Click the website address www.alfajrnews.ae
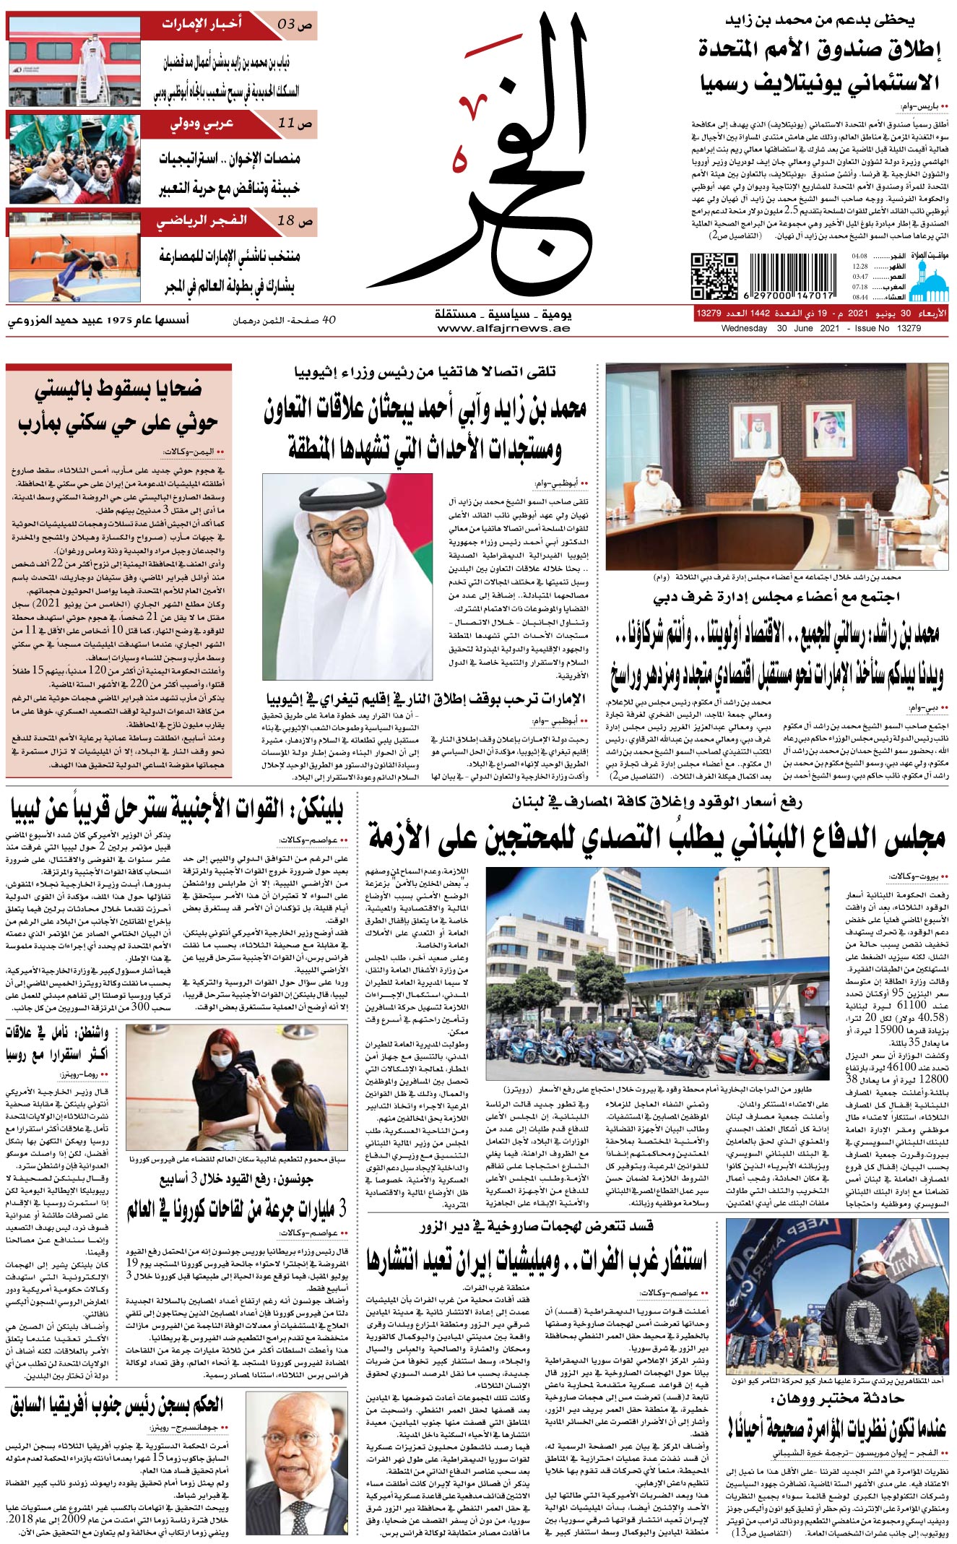(x=503, y=329)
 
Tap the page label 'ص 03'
(x=295, y=25)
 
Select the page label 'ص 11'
(x=295, y=124)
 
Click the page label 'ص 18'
(x=295, y=221)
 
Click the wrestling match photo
(x=75, y=257)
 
